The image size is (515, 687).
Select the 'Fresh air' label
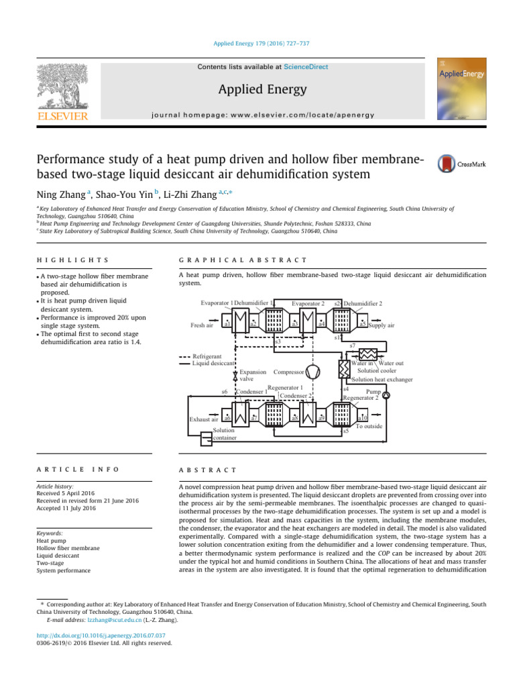[x=203, y=325]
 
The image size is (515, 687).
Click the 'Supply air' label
[x=381, y=325]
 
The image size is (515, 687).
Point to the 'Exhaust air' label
[x=205, y=419]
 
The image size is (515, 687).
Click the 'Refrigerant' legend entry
[x=205, y=356]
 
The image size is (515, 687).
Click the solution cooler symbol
[x=369, y=354]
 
